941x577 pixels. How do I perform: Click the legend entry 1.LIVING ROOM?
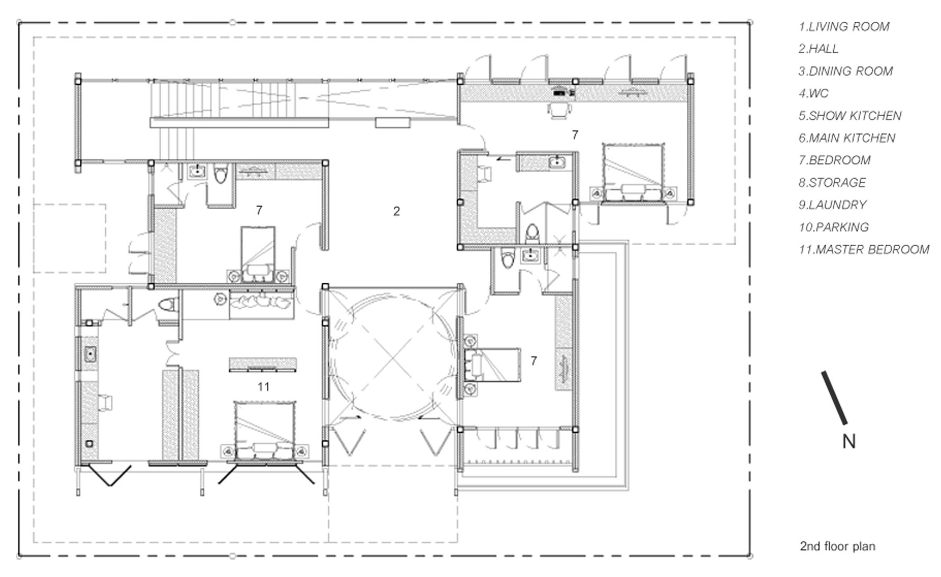pyautogui.click(x=844, y=26)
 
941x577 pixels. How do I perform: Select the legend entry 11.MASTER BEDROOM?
pyautogui.click(x=864, y=249)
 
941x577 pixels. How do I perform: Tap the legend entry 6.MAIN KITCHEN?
pyautogui.click(x=847, y=138)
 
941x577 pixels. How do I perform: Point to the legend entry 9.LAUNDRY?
pyautogui.click(x=833, y=204)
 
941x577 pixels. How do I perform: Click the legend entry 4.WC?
pyautogui.click(x=814, y=94)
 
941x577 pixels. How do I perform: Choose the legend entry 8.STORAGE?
pyautogui.click(x=832, y=182)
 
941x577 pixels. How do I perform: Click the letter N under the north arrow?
pyautogui.click(x=848, y=441)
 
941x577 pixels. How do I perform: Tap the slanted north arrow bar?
pyautogui.click(x=834, y=398)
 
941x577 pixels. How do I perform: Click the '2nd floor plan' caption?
pyautogui.click(x=837, y=546)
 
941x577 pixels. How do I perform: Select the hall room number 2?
pyautogui.click(x=396, y=211)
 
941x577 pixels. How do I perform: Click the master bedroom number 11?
pyautogui.click(x=263, y=387)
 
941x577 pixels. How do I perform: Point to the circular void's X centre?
pyautogui.click(x=392, y=360)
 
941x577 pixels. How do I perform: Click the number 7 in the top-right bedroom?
pyautogui.click(x=575, y=135)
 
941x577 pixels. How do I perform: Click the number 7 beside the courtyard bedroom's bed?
pyautogui.click(x=533, y=361)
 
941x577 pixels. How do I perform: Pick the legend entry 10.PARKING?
pyautogui.click(x=834, y=227)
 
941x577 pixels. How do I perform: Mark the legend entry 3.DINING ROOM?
pyautogui.click(x=846, y=71)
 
